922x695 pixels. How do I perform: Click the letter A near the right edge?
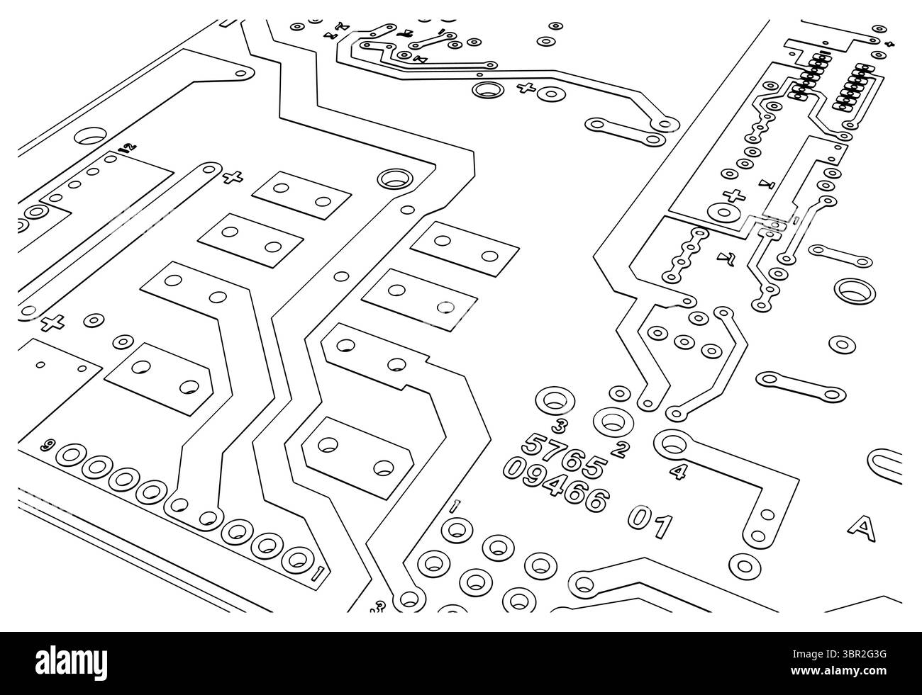862,526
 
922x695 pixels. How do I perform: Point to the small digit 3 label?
560,425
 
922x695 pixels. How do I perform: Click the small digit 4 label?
678,470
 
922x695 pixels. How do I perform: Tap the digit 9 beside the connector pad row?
48,445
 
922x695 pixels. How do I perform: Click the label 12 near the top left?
126,148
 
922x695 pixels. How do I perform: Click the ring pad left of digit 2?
609,422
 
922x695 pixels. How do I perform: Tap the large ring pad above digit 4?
672,444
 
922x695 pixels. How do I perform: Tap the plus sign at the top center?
526,89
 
